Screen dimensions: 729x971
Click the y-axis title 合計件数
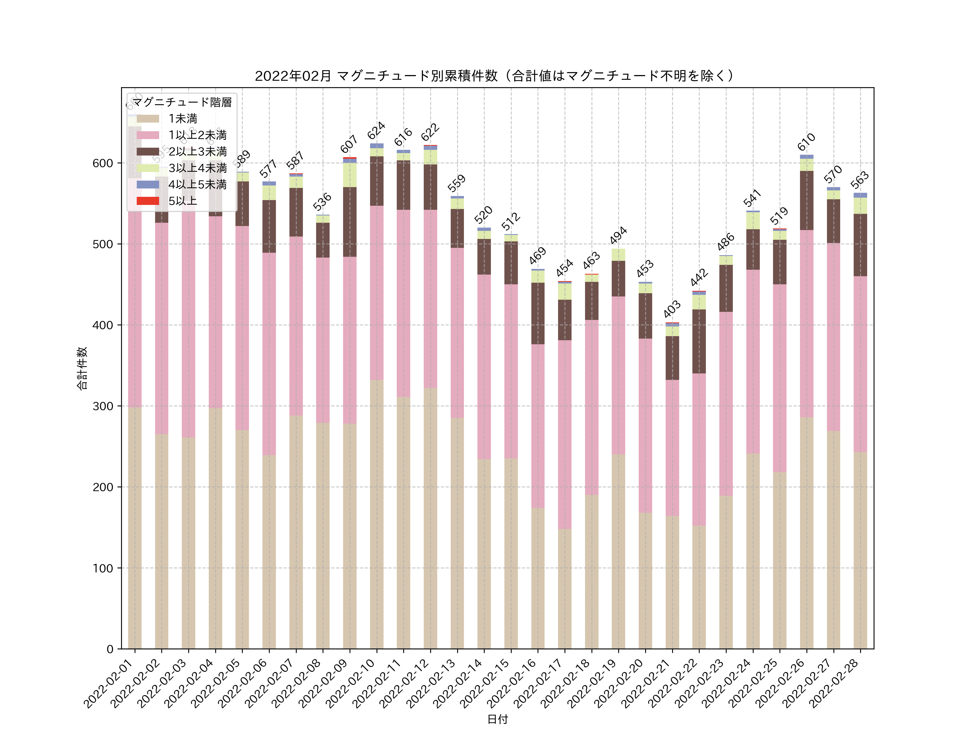coord(82,368)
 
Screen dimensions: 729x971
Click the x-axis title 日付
coord(497,719)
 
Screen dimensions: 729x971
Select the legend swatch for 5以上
coord(148,201)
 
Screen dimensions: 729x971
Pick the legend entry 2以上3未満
coord(197,151)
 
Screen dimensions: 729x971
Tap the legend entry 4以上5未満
coord(197,185)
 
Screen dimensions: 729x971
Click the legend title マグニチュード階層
coord(182,102)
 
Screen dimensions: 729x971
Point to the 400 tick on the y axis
coord(103,325)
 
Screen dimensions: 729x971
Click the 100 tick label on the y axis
coord(103,568)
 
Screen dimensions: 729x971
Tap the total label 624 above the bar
coord(376,130)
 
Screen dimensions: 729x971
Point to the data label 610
coord(806,141)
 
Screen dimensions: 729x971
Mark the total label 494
coord(618,235)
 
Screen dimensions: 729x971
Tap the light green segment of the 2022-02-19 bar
coord(618,255)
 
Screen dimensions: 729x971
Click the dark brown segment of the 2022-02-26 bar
coord(806,200)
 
